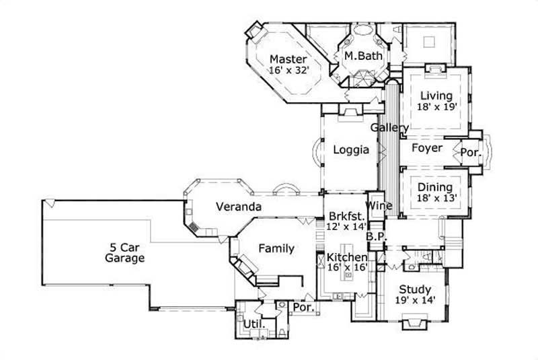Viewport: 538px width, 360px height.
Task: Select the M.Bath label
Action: pyautogui.click(x=363, y=56)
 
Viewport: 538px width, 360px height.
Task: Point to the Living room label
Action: pyautogui.click(x=436, y=96)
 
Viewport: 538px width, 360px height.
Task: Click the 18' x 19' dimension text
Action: pyautogui.click(x=436, y=106)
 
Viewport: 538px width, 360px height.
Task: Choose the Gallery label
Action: pyautogui.click(x=389, y=127)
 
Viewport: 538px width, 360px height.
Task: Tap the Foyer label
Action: pyautogui.click(x=427, y=148)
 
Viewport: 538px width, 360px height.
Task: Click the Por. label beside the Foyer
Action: pyautogui.click(x=471, y=153)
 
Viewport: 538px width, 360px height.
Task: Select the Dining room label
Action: pyautogui.click(x=435, y=187)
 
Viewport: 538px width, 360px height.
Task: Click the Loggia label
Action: pyautogui.click(x=351, y=151)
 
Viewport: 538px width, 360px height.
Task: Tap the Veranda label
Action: pyautogui.click(x=238, y=207)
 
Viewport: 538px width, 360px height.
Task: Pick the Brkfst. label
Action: pyautogui.click(x=346, y=216)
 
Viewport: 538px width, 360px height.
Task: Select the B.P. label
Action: pyautogui.click(x=375, y=237)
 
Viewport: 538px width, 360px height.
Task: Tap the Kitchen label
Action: pyautogui.click(x=347, y=257)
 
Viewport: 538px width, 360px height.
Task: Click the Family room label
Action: pyautogui.click(x=277, y=248)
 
